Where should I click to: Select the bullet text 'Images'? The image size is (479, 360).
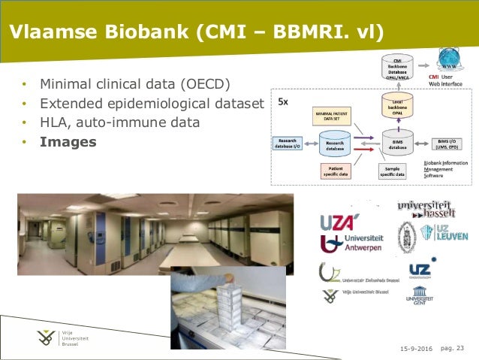(x=68, y=141)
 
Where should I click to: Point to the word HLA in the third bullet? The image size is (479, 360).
(x=55, y=121)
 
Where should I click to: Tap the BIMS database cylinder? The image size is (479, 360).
(x=398, y=144)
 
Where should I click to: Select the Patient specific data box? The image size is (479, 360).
(x=336, y=171)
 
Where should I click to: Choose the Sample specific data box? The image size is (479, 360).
(x=392, y=171)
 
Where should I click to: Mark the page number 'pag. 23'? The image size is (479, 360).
(x=452, y=347)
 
